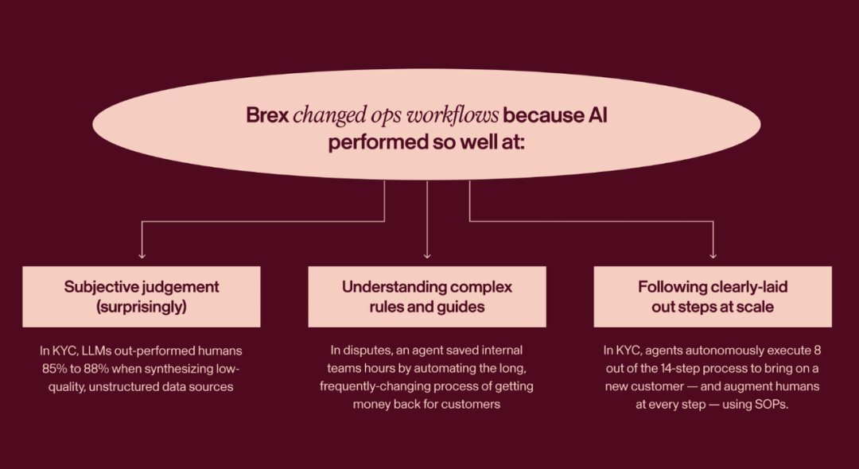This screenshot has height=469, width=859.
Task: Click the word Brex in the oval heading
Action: tap(268, 114)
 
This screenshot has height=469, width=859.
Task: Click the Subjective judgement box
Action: tap(142, 297)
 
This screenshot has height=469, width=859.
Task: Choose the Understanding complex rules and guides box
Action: tap(427, 297)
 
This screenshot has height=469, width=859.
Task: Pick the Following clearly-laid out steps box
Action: tap(712, 297)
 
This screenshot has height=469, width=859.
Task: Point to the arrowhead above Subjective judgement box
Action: tap(142, 254)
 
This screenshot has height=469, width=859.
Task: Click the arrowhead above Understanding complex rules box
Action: tap(427, 254)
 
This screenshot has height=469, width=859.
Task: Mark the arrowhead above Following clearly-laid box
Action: tap(713, 254)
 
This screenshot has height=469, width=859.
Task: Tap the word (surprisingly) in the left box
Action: tap(142, 307)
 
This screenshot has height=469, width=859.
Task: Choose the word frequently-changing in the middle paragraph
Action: tap(372, 386)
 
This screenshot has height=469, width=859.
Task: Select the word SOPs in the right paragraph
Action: tap(770, 404)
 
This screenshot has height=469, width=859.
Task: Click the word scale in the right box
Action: tap(754, 307)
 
